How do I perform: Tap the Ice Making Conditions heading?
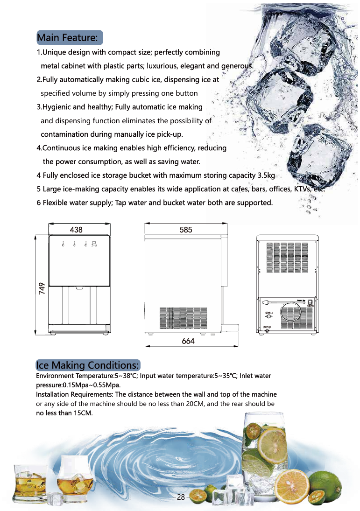point(87,365)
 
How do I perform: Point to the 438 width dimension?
point(76,230)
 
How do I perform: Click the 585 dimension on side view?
point(185,230)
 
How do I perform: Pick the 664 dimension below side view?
point(188,341)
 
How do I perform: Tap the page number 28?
point(181,497)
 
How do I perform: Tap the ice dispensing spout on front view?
point(79,288)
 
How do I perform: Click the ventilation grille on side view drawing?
point(183,319)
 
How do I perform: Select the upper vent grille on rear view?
point(287,257)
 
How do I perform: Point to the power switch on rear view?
point(310,302)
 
